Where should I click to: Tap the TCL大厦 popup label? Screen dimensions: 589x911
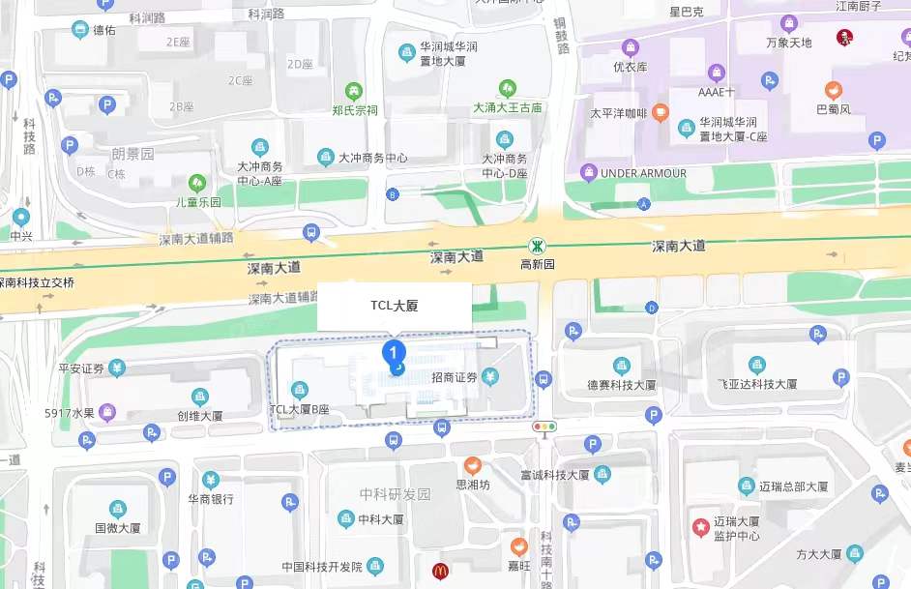(x=395, y=306)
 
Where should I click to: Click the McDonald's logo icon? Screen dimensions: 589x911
(x=440, y=571)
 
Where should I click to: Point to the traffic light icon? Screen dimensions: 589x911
(x=544, y=426)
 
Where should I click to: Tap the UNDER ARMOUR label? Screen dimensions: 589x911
(x=643, y=173)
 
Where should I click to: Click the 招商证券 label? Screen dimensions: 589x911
(x=455, y=377)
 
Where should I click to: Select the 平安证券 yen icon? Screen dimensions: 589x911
(x=117, y=368)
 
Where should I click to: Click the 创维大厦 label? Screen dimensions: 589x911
(x=199, y=416)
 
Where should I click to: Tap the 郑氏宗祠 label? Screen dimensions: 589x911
(x=355, y=110)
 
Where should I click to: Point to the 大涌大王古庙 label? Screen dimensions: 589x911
(x=507, y=107)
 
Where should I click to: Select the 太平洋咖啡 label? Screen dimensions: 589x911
(x=619, y=113)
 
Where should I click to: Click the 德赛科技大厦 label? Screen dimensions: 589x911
(x=622, y=384)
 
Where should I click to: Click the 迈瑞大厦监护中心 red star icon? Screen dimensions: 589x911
(x=699, y=526)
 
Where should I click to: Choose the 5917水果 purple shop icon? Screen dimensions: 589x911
(x=106, y=413)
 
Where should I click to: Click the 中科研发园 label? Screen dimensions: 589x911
(x=395, y=494)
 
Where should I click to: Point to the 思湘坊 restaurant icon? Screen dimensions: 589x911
(x=473, y=465)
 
